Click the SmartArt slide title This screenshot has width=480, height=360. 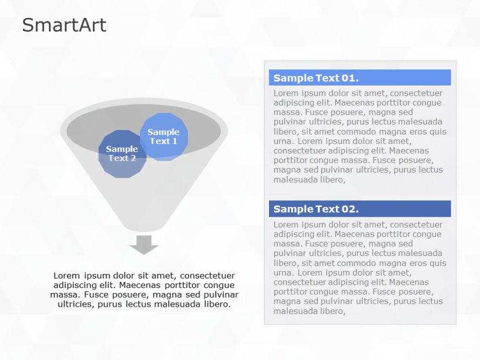click(64, 25)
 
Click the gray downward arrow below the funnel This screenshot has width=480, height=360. click(144, 245)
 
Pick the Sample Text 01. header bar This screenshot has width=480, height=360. click(360, 78)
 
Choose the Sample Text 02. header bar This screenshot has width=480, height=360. click(360, 209)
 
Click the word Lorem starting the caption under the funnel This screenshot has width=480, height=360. click(66, 276)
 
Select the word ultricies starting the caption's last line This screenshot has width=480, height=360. click(76, 304)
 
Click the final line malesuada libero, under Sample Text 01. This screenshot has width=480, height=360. click(309, 179)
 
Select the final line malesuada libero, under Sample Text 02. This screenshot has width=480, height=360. click(309, 310)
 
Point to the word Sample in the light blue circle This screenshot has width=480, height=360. click(163, 132)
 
